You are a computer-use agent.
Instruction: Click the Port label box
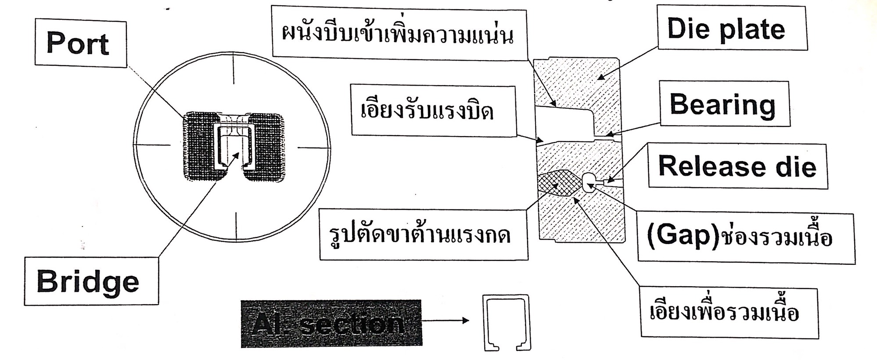point(81,43)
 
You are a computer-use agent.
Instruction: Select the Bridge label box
point(91,281)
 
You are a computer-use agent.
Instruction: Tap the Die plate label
point(732,28)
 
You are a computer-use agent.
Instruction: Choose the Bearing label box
point(725,104)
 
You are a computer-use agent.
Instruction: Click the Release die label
point(738,166)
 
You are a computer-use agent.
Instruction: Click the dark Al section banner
point(331,323)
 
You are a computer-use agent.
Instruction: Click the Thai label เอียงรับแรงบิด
point(433,111)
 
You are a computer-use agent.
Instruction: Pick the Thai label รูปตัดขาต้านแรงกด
point(424,235)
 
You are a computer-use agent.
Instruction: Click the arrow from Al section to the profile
point(446,320)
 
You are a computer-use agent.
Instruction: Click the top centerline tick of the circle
point(234,69)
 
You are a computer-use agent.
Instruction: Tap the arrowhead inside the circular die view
point(237,155)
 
